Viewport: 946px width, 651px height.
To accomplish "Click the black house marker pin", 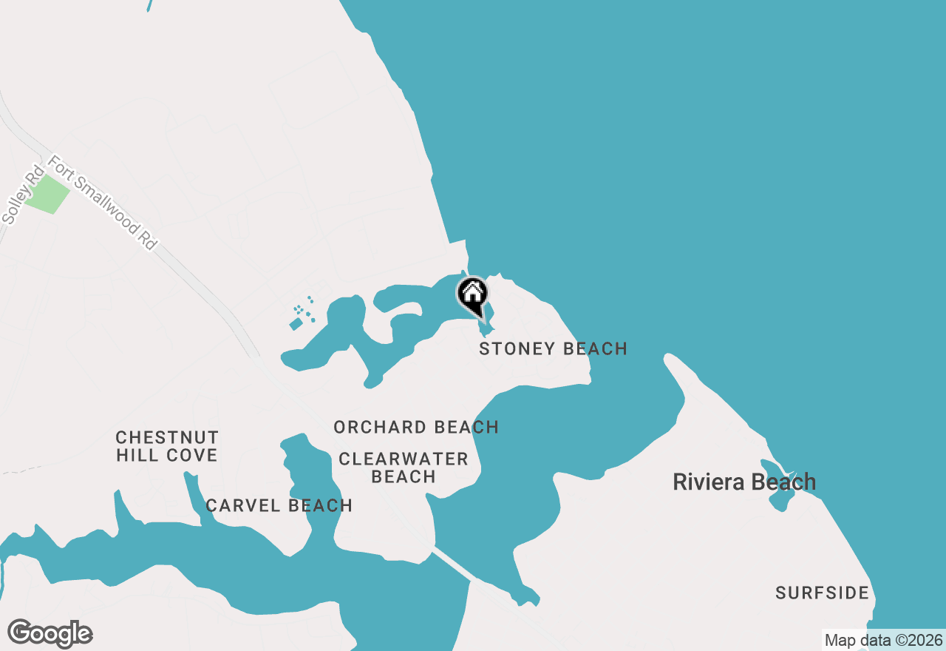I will (472, 294).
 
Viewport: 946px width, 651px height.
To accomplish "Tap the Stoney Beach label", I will (553, 348).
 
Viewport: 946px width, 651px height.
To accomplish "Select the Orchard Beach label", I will (416, 427).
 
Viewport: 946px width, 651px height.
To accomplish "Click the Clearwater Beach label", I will (404, 468).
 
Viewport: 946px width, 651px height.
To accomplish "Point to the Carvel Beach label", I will (279, 505).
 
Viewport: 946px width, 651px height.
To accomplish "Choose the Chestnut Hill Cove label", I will (167, 446).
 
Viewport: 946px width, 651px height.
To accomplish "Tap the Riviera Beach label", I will (744, 482).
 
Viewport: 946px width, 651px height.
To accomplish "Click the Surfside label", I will (822, 593).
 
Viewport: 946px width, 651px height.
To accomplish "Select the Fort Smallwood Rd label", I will (103, 202).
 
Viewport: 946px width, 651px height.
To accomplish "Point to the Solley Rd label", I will (23, 195).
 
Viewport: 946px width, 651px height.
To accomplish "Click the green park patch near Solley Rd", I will (48, 194).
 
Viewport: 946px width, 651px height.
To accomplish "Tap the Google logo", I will (50, 634).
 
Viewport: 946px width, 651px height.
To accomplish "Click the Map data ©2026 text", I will (883, 640).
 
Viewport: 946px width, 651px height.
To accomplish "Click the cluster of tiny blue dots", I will (304, 311).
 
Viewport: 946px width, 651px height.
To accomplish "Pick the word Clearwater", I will (404, 459).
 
